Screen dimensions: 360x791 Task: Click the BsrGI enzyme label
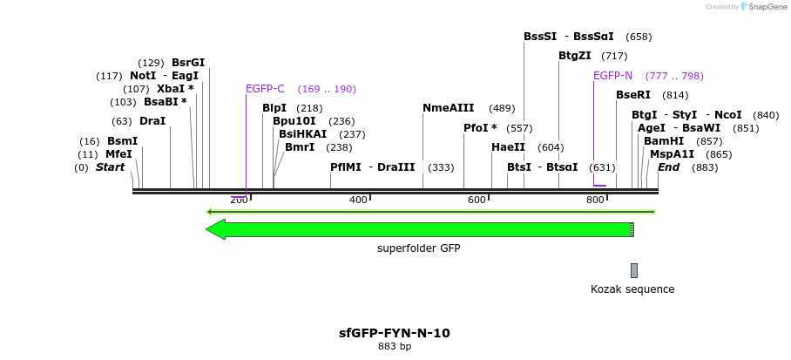[188, 63]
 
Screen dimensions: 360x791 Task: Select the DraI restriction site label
[152, 121]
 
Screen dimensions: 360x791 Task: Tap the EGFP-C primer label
[265, 89]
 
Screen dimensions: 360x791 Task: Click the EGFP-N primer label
[612, 76]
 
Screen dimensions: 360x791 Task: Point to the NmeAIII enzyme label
[448, 108]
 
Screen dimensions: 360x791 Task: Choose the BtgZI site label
[575, 56]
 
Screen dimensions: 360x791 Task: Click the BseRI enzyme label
[633, 95]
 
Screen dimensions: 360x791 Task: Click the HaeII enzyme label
[508, 147]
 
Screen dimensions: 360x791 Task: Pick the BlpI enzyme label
[274, 108]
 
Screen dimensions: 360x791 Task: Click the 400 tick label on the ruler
[358, 200]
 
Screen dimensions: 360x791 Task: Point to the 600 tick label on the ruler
[477, 200]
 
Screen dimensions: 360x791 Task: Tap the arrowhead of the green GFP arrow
[214, 229]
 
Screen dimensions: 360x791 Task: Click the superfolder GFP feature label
[418, 248]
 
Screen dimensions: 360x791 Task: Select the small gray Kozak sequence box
[634, 270]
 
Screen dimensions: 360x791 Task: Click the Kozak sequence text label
[632, 289]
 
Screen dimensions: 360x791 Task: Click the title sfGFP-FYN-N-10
[395, 333]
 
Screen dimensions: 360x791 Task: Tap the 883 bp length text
[395, 347]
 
